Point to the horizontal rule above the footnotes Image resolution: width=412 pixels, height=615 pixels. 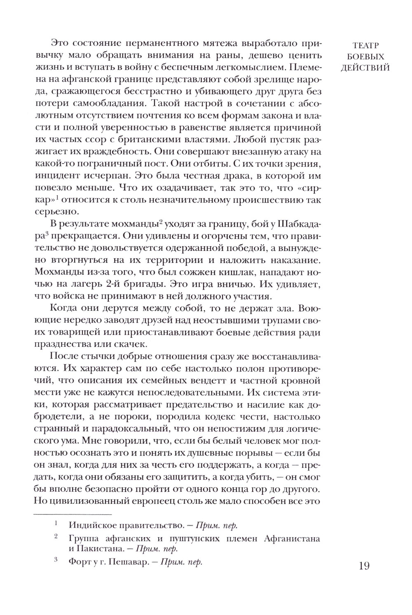coord(73,514)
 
